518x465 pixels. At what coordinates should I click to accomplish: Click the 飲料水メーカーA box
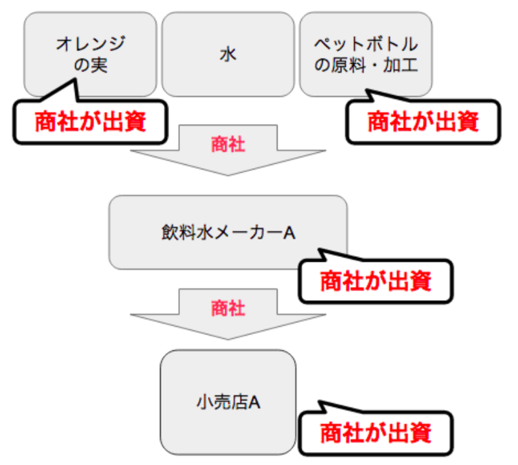228,232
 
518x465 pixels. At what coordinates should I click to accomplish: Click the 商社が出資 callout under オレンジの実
90,122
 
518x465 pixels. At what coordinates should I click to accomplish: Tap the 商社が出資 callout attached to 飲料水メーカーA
375,281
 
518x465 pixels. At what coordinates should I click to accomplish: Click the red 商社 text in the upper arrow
228,144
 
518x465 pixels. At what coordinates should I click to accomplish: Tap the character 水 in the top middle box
228,54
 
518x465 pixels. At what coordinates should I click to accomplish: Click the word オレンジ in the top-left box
90,44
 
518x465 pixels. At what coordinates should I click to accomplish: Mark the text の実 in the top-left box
90,65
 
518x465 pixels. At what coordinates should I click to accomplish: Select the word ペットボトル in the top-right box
366,44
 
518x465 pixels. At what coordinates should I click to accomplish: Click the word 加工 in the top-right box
405,65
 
